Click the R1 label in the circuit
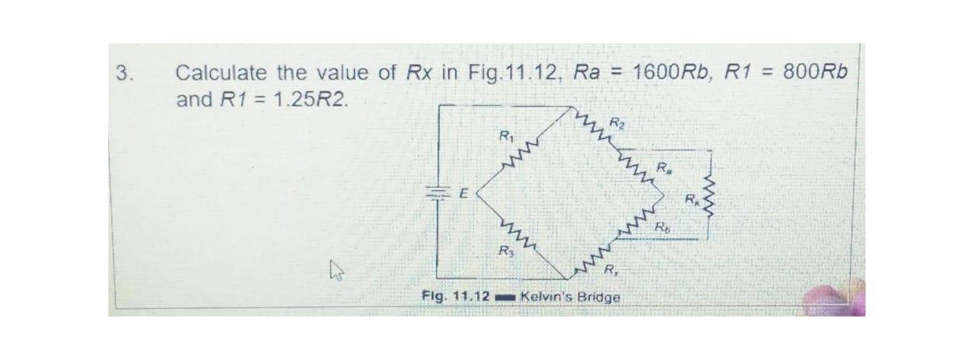pyautogui.click(x=504, y=138)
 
